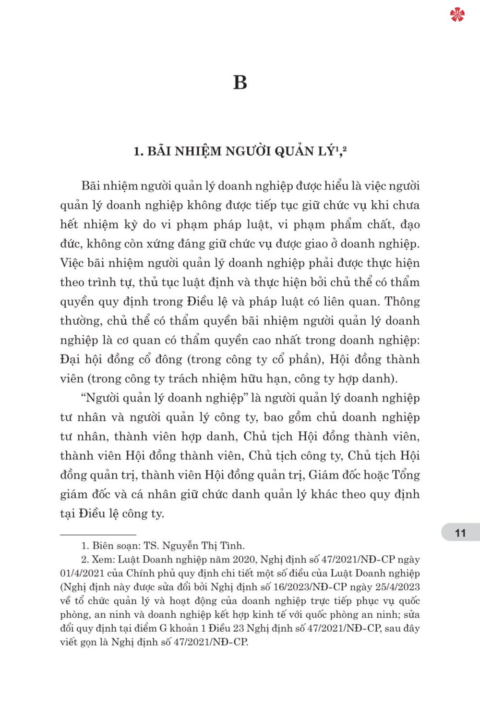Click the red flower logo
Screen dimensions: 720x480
[x=457, y=15]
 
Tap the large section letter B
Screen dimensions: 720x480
[x=240, y=83]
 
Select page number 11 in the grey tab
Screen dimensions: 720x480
[x=460, y=533]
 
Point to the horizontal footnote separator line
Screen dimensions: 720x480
[x=98, y=534]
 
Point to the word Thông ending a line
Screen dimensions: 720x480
[x=402, y=302]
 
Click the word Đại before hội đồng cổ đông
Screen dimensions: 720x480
[x=71, y=360]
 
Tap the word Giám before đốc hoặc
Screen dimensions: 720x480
[x=325, y=475]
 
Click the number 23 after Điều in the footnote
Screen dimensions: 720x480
[x=241, y=628]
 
